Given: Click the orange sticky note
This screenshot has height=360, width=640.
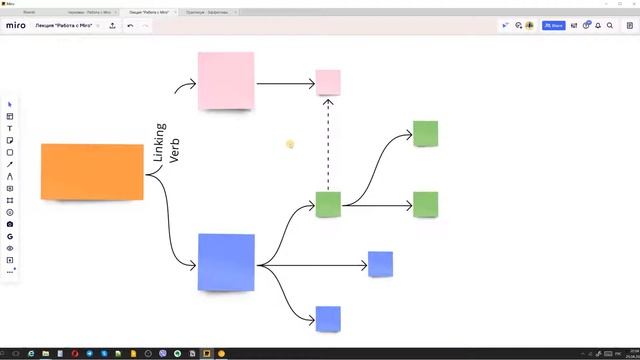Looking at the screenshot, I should click(x=92, y=171).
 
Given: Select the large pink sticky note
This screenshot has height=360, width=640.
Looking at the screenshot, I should click(x=226, y=81).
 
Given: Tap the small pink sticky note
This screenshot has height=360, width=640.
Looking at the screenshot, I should click(x=328, y=82).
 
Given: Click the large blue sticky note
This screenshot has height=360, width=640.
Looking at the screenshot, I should click(x=226, y=262).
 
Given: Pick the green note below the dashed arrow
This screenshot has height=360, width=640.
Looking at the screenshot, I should click(x=328, y=204).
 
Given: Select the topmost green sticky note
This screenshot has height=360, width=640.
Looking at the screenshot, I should click(x=426, y=133).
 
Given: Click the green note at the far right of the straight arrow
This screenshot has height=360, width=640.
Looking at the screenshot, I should click(x=426, y=204).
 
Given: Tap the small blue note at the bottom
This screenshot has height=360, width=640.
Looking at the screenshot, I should click(x=328, y=319).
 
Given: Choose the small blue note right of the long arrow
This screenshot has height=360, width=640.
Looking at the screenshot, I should click(x=380, y=264).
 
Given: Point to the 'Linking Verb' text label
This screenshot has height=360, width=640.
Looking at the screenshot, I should click(x=166, y=144).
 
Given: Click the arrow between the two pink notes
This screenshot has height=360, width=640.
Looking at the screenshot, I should click(x=285, y=83).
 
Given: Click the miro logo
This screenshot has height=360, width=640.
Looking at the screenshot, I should click(x=15, y=25).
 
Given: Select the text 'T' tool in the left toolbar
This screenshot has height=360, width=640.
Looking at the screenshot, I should click(x=10, y=128).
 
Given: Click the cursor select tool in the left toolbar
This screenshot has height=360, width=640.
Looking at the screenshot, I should click(x=10, y=104).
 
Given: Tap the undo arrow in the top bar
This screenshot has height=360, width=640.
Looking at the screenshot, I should click(x=130, y=25).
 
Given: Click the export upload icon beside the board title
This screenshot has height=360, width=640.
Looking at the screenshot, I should click(x=112, y=25).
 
